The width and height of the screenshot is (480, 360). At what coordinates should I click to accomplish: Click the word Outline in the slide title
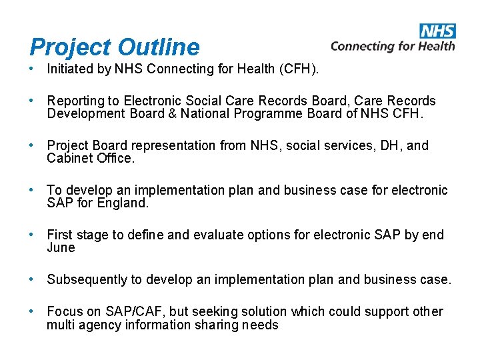click(x=159, y=47)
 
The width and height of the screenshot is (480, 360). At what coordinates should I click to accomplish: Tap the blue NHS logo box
click(x=438, y=31)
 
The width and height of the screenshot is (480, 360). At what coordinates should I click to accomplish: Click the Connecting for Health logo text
click(x=393, y=46)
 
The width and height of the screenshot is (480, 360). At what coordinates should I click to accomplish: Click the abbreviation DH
click(x=383, y=145)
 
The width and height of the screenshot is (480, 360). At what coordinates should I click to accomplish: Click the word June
click(x=61, y=248)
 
